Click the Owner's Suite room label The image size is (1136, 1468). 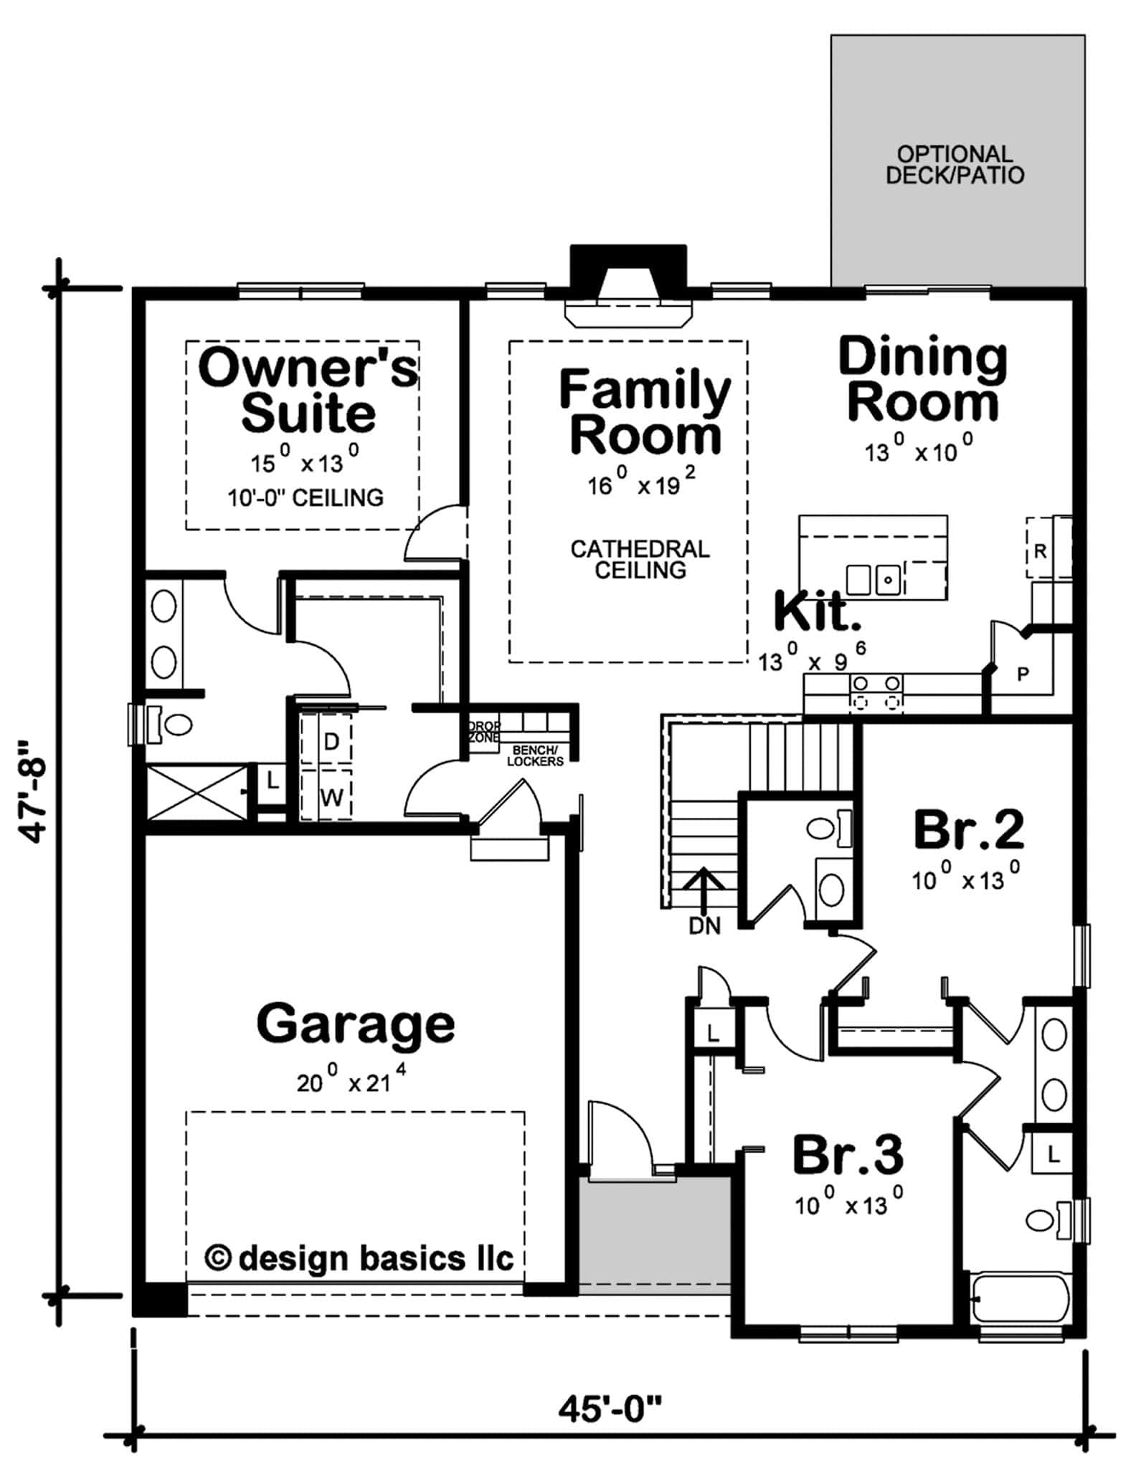308,391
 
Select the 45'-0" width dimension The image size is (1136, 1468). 609,1411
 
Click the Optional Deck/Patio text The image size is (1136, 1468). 955,165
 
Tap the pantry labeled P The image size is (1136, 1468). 1023,674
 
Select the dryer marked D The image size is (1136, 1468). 331,741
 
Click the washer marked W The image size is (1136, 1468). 331,796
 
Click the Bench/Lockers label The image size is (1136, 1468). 535,756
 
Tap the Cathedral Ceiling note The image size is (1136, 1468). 640,559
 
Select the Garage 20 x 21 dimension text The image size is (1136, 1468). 352,1081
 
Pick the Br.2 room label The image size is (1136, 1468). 967,830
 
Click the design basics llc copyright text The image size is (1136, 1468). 359,1258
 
